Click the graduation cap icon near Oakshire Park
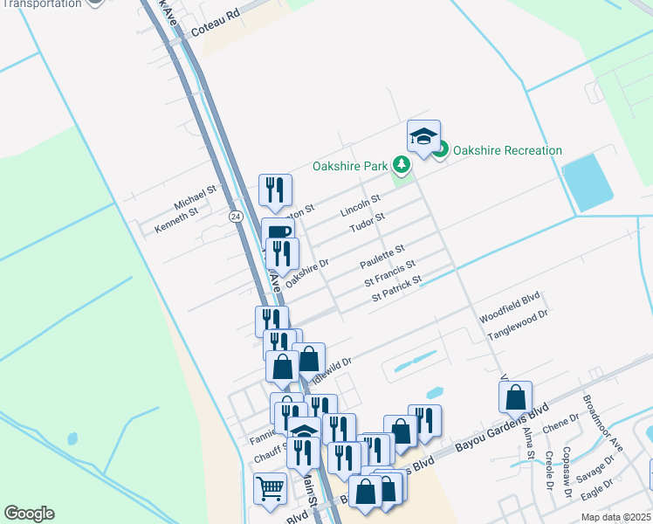[423, 136]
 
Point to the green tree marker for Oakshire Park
[401, 164]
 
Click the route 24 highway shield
[235, 215]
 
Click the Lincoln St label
[361, 207]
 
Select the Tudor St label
[367, 222]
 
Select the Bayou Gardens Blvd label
[506, 422]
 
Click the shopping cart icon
[271, 489]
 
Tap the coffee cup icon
[278, 232]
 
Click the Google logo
[29, 514]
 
